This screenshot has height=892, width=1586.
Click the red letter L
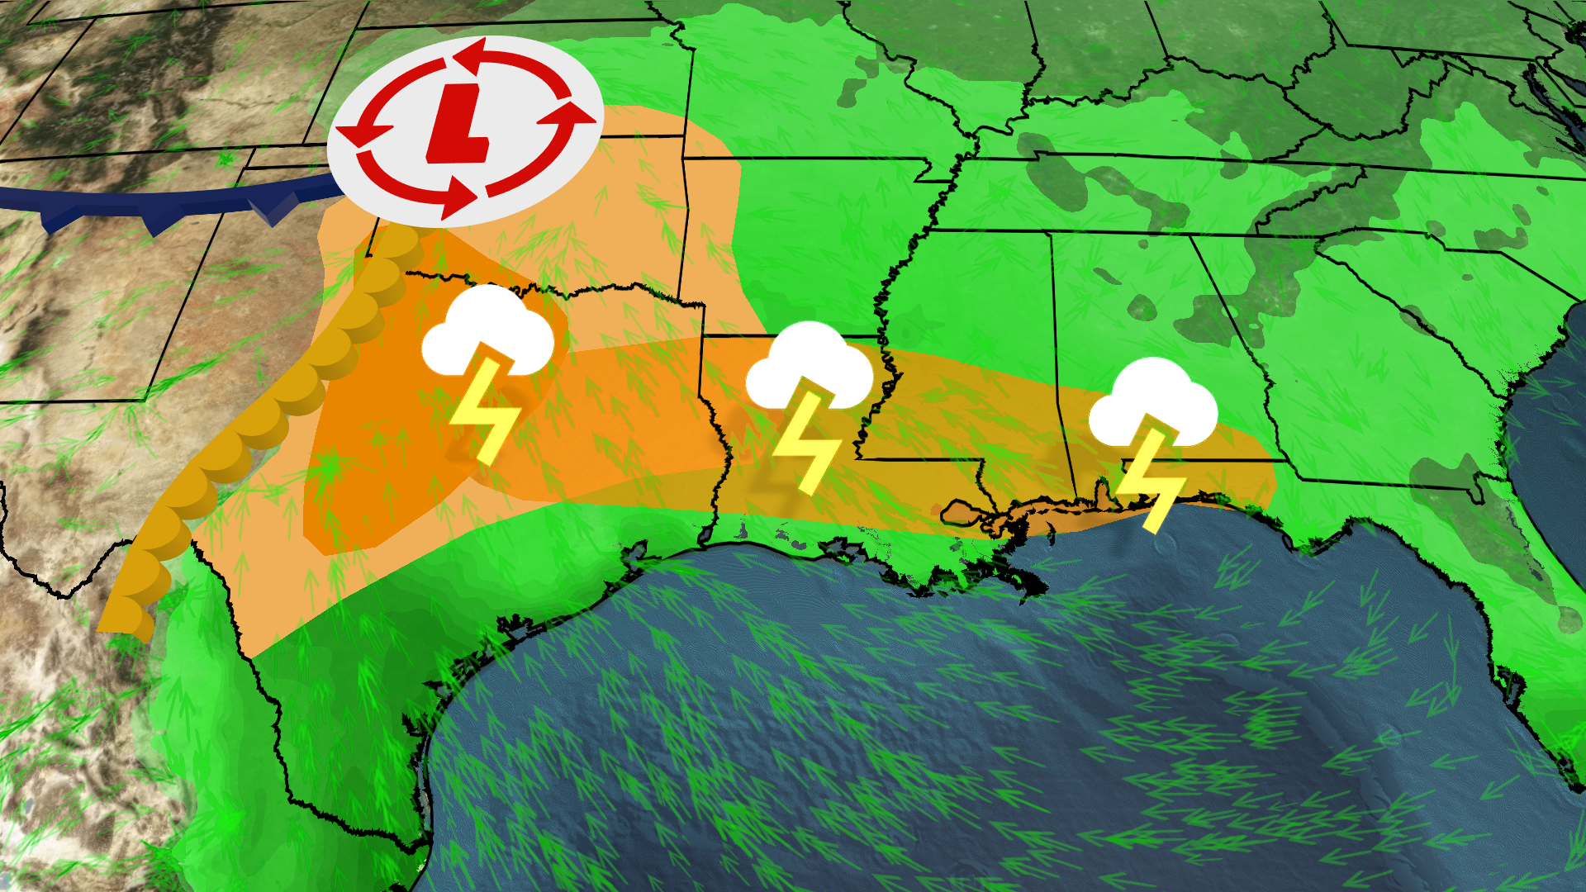[x=459, y=124]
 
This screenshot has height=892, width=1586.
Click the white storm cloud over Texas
[x=487, y=330]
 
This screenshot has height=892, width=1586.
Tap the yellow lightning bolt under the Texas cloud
[x=484, y=410]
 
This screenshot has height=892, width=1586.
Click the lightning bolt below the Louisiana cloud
[x=805, y=443]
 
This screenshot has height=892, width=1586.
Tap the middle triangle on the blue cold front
[x=157, y=223]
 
